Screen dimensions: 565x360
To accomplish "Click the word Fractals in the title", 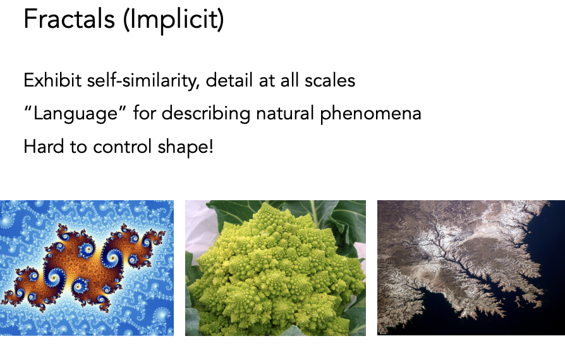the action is pyautogui.click(x=69, y=19).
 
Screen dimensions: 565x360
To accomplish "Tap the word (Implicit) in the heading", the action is pyautogui.click(x=174, y=20).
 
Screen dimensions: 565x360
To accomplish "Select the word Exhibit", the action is pyautogui.click(x=52, y=80).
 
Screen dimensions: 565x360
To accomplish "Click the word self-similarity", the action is pyautogui.click(x=143, y=80).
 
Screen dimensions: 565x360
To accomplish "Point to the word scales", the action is pyautogui.click(x=330, y=80).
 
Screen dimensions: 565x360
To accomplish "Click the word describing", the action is pyautogui.click(x=206, y=114).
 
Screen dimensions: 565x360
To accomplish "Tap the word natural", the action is pyautogui.click(x=285, y=114).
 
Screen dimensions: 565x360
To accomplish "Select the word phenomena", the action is pyautogui.click(x=371, y=114).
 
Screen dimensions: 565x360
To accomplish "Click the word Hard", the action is pyautogui.click(x=44, y=147).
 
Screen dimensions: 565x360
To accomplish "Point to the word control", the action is pyautogui.click(x=122, y=147).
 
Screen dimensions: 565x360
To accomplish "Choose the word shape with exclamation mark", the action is pyautogui.click(x=186, y=147).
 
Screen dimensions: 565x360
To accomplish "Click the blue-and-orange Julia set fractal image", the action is pyautogui.click(x=87, y=268).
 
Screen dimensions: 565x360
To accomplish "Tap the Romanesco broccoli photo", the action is pyautogui.click(x=276, y=268).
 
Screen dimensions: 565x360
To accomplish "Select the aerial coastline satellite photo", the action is pyautogui.click(x=471, y=268).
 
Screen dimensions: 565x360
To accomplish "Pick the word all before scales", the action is pyautogui.click(x=289, y=80).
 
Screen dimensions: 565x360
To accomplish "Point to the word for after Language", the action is pyautogui.click(x=145, y=113).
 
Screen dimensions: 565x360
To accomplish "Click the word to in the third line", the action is pyautogui.click(x=78, y=147).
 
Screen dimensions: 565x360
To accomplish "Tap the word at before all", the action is pyautogui.click(x=267, y=81).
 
